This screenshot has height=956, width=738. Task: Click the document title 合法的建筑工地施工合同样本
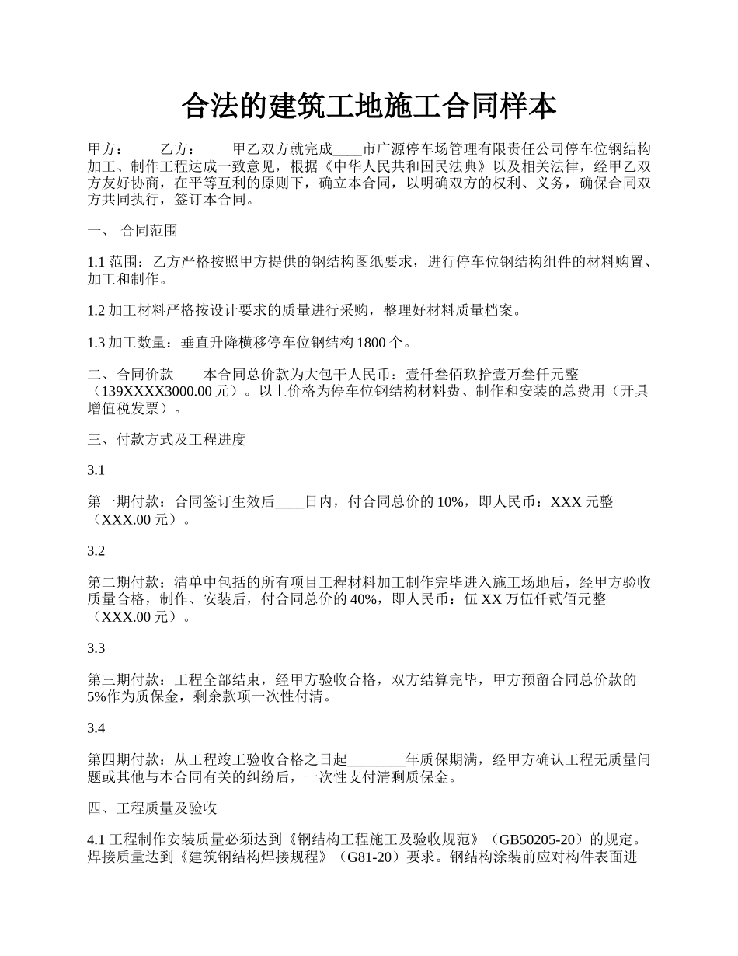(x=368, y=106)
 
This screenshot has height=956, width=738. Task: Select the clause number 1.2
(x=96, y=311)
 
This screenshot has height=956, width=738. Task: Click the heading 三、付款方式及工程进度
(x=166, y=440)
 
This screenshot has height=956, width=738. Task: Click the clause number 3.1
(x=96, y=471)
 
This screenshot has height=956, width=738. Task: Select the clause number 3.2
(x=96, y=552)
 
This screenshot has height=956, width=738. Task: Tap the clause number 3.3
(x=96, y=648)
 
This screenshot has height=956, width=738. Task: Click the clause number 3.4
(x=96, y=729)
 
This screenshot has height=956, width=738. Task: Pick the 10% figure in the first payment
(x=451, y=503)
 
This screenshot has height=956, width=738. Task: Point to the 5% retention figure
(x=97, y=697)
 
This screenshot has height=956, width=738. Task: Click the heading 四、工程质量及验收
(x=151, y=809)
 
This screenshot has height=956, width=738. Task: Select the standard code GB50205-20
(x=538, y=841)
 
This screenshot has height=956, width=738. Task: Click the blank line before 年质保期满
(x=377, y=760)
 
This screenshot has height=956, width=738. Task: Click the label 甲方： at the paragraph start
(x=104, y=149)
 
